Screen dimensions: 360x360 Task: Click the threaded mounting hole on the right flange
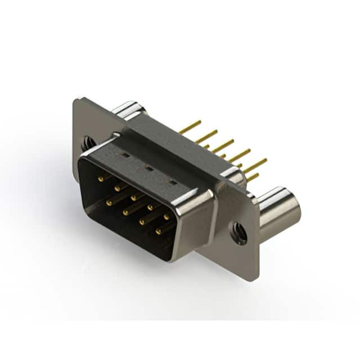coord(239,232)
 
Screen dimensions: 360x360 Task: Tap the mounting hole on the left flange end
coord(88,143)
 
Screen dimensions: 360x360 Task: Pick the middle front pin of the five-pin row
coord(135,197)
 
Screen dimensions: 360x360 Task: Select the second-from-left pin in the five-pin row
coord(118,187)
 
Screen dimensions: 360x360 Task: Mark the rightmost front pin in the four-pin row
coord(159,230)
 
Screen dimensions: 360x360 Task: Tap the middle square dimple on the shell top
coord(148,168)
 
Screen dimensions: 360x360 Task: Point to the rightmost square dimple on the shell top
coord(173,182)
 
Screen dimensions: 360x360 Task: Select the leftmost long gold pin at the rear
coord(191,127)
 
